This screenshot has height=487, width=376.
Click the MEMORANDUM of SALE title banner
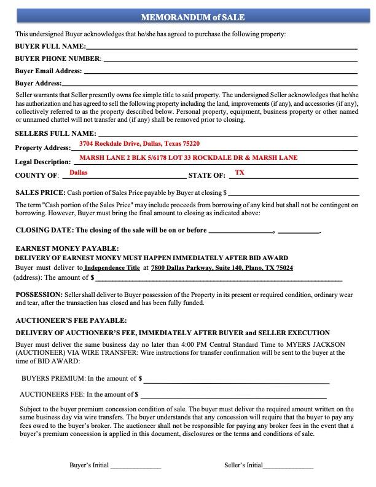pos(188,17)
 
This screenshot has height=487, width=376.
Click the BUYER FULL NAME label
pos(50,46)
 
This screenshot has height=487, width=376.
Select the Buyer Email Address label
pos(48,71)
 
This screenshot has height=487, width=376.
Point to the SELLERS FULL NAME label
pos(55,133)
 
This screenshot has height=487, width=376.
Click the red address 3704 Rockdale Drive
pos(139,144)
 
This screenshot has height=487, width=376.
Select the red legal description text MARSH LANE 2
pos(188,158)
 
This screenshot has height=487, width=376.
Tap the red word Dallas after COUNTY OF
pos(78,173)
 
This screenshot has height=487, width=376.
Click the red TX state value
pos(240,173)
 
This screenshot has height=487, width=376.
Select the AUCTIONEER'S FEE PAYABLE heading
pos(71,320)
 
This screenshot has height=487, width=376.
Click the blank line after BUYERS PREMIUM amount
pos(236,379)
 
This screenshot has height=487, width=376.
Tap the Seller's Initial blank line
pos(288,467)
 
